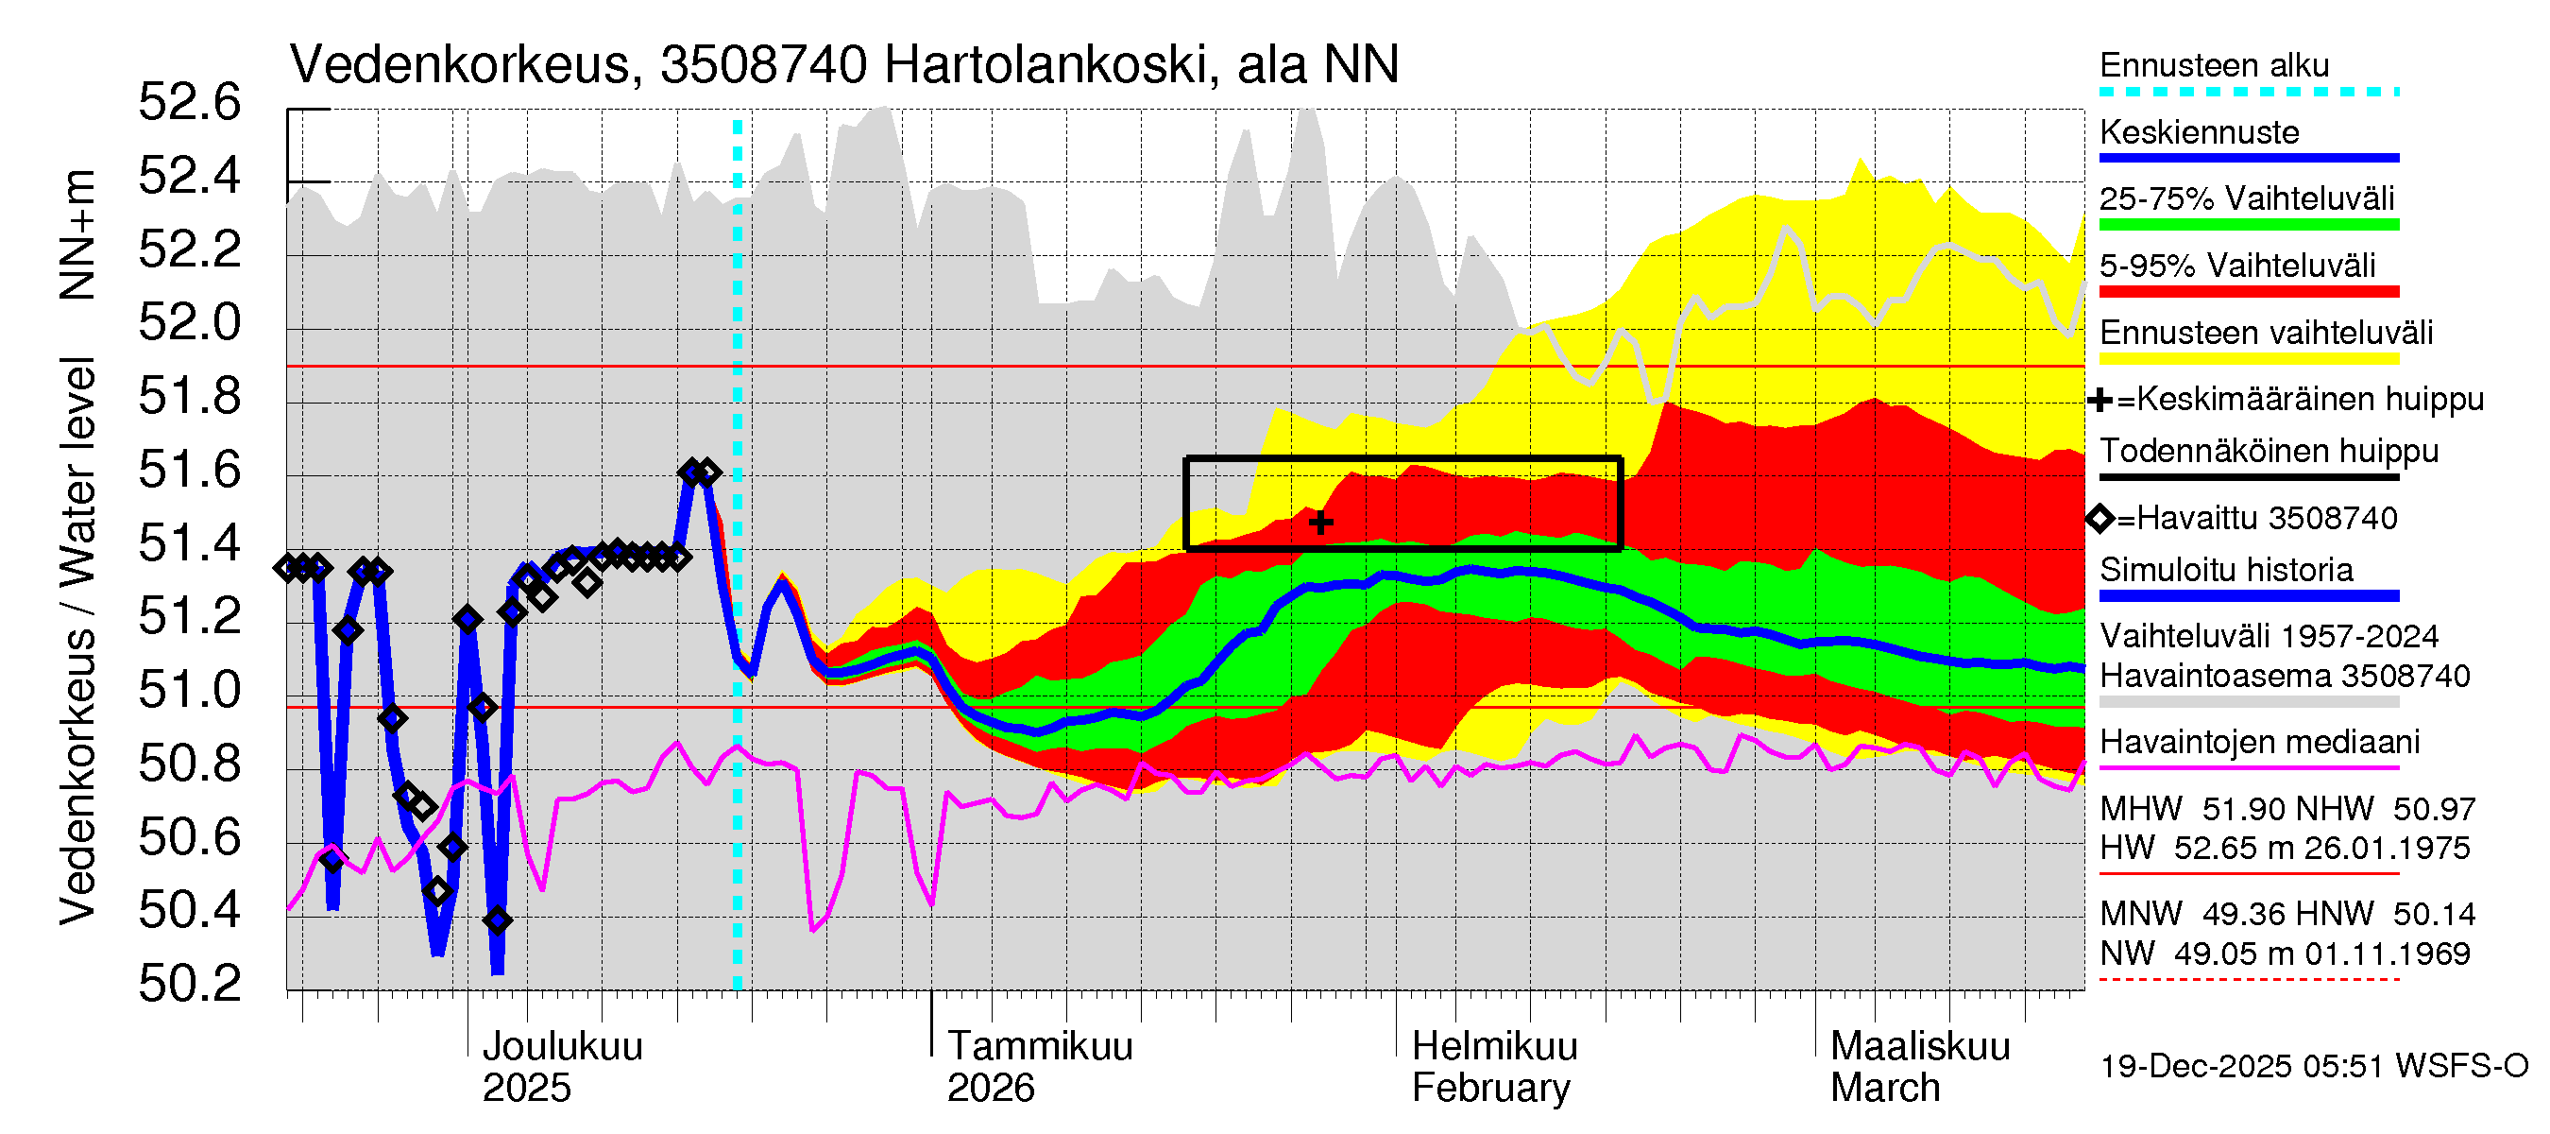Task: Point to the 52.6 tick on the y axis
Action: click(189, 103)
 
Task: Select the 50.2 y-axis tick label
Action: click(189, 984)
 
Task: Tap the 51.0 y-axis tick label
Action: click(189, 690)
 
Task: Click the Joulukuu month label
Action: click(561, 1046)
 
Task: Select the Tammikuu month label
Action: click(1040, 1046)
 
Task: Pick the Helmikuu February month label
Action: click(1493, 1067)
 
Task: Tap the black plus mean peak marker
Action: click(1320, 522)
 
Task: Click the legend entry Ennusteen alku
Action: click(2214, 65)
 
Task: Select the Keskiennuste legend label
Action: click(2199, 131)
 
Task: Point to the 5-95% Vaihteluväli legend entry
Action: click(2237, 266)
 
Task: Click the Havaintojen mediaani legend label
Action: click(2259, 742)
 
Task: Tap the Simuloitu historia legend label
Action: click(2225, 570)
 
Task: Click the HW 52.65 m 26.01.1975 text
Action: click(2285, 848)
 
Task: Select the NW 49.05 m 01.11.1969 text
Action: click(2285, 954)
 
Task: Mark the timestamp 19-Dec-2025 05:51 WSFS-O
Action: click(2313, 1066)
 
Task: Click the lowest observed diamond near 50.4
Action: click(498, 920)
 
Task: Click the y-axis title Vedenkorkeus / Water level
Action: click(77, 642)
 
